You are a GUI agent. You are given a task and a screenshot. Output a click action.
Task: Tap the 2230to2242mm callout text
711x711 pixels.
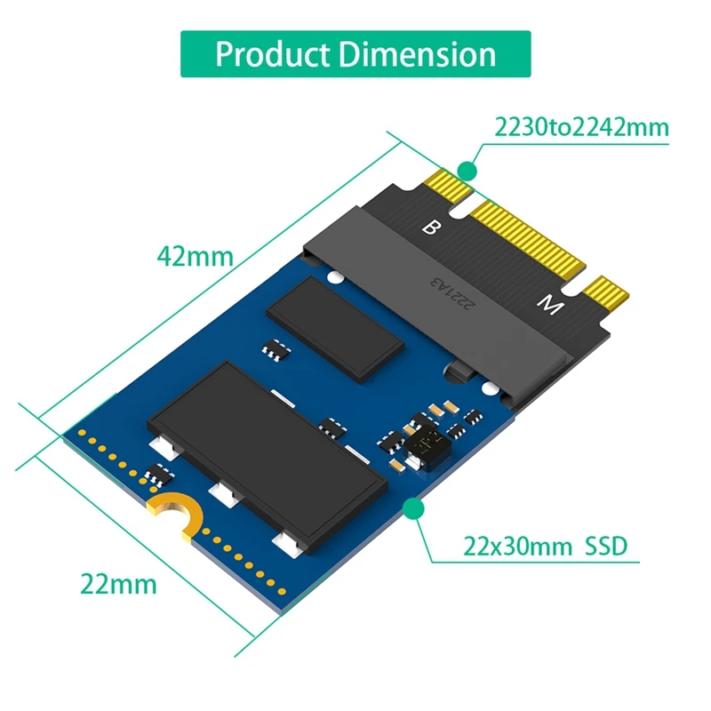point(582,127)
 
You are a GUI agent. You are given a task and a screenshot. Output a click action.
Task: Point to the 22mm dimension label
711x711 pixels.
point(118,584)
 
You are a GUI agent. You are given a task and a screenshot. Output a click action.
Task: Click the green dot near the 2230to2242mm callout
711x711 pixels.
point(467,168)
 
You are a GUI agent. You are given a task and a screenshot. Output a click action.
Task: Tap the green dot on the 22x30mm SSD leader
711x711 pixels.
point(411,507)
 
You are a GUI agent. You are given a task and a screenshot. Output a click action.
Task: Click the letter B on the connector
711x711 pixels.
point(430,228)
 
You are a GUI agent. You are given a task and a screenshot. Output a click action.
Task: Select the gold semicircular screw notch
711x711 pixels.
point(174,515)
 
